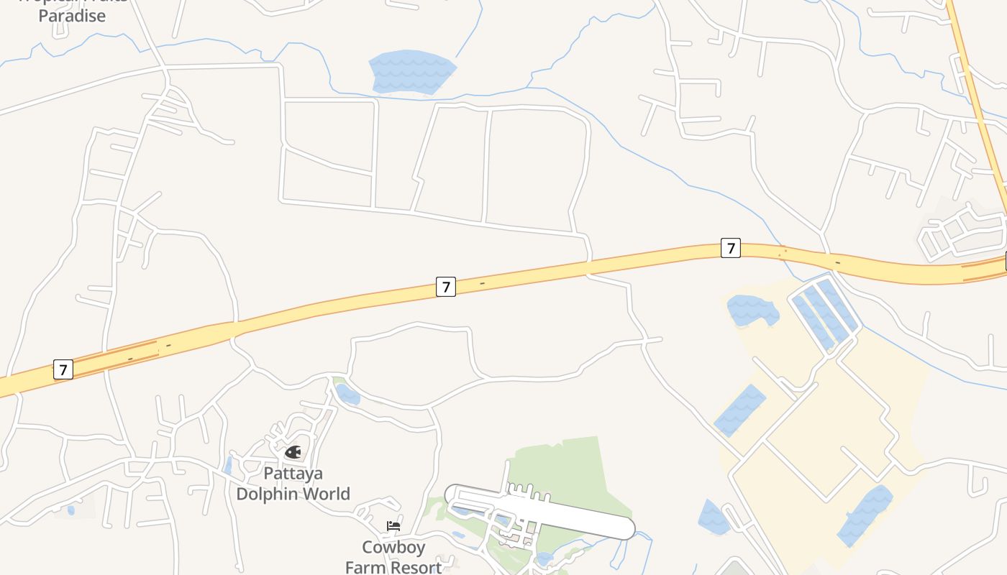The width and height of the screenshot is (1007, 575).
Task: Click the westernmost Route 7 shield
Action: coord(63,370)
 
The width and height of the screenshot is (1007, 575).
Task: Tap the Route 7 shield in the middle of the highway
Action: coord(446,287)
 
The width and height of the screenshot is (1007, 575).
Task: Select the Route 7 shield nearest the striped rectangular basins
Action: coord(730,248)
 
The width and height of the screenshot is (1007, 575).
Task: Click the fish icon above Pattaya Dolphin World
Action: coord(293,452)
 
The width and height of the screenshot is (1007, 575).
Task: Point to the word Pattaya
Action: coord(293,474)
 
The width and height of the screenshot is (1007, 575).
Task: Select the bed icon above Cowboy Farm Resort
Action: coord(393,526)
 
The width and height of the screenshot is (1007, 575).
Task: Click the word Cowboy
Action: coord(393,547)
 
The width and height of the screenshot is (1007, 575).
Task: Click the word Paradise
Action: coord(72,16)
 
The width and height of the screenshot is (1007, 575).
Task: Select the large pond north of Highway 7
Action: coord(413,71)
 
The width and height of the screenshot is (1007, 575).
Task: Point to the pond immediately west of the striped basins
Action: coord(752,310)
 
